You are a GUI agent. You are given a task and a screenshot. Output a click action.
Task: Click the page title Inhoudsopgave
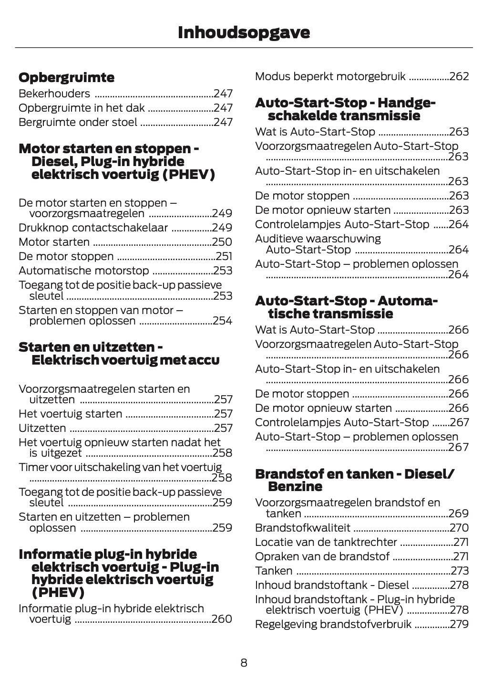coord(244,32)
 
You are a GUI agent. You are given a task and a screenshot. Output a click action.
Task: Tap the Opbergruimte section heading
coord(66,77)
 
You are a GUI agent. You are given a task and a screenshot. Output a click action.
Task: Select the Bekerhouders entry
coord(54,94)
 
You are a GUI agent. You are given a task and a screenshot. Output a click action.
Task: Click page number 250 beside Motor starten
coord(222,242)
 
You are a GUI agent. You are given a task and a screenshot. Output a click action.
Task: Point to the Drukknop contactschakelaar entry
coord(93,228)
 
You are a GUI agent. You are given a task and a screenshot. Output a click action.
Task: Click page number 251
coord(224,257)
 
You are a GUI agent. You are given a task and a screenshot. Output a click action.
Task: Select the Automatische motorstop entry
coord(83,271)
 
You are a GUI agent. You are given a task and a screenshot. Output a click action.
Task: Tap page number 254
coord(223,321)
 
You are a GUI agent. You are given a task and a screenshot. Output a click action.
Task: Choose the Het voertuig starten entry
coord(70,414)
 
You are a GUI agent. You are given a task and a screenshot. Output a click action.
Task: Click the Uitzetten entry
coord(42,429)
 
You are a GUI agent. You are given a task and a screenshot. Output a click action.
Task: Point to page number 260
coord(222,619)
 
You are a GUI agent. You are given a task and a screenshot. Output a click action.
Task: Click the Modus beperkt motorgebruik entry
coord(330,77)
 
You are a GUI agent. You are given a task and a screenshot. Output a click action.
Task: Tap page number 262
coord(459,77)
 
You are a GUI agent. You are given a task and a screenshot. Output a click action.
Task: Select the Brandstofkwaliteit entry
coord(302,528)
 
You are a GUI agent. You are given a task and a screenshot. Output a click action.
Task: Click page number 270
coord(459,528)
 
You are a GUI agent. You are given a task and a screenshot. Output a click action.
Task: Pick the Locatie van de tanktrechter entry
coord(326,543)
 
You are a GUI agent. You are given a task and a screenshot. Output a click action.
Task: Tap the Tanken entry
coord(274,571)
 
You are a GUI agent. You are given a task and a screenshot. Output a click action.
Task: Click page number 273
coord(460,571)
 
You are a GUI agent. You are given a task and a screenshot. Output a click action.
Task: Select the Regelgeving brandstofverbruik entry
coord(333,625)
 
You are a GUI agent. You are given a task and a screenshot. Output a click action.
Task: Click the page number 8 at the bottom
coord(244,663)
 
